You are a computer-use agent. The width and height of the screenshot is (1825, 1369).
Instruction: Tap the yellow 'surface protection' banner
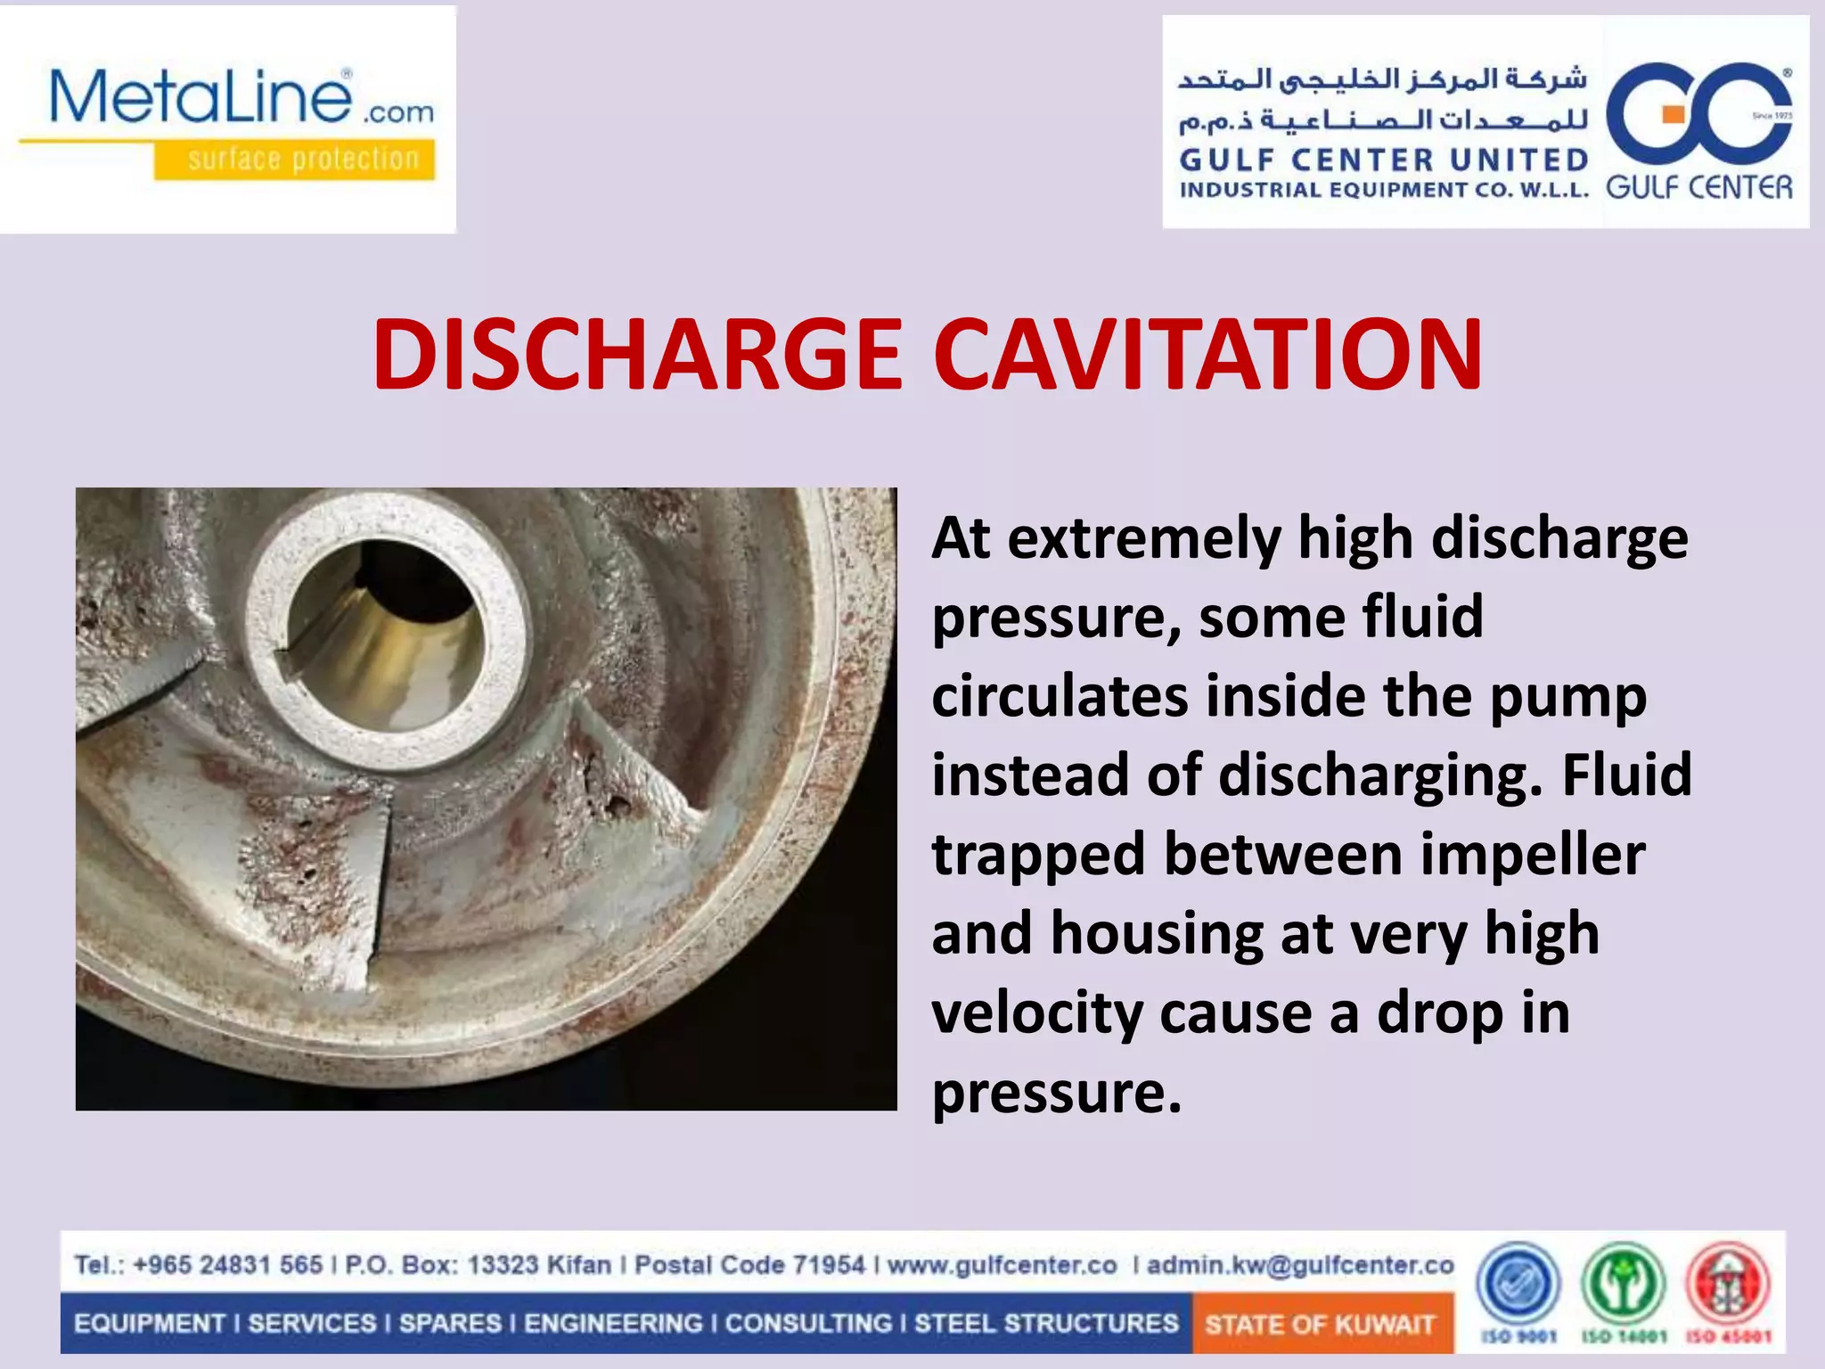click(x=295, y=160)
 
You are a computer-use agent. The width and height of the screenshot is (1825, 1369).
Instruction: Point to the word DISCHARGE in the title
click(x=637, y=355)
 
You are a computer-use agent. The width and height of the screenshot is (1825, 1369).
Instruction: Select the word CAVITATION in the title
click(x=1207, y=355)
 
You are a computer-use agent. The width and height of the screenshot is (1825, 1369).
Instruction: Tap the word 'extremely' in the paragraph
click(x=1145, y=538)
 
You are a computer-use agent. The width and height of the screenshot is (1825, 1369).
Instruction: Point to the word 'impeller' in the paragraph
click(x=1532, y=854)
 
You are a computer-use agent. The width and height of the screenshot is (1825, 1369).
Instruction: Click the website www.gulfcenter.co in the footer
click(x=1002, y=1265)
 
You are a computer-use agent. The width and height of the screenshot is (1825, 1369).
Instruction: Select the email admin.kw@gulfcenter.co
click(x=1300, y=1265)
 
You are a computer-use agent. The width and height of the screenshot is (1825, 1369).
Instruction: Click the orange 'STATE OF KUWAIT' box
click(x=1321, y=1324)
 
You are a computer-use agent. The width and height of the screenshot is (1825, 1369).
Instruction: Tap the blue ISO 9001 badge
click(x=1518, y=1284)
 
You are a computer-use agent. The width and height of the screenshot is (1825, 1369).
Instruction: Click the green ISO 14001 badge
click(x=1623, y=1284)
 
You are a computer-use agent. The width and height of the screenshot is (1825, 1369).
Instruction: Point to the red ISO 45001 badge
click(x=1728, y=1284)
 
